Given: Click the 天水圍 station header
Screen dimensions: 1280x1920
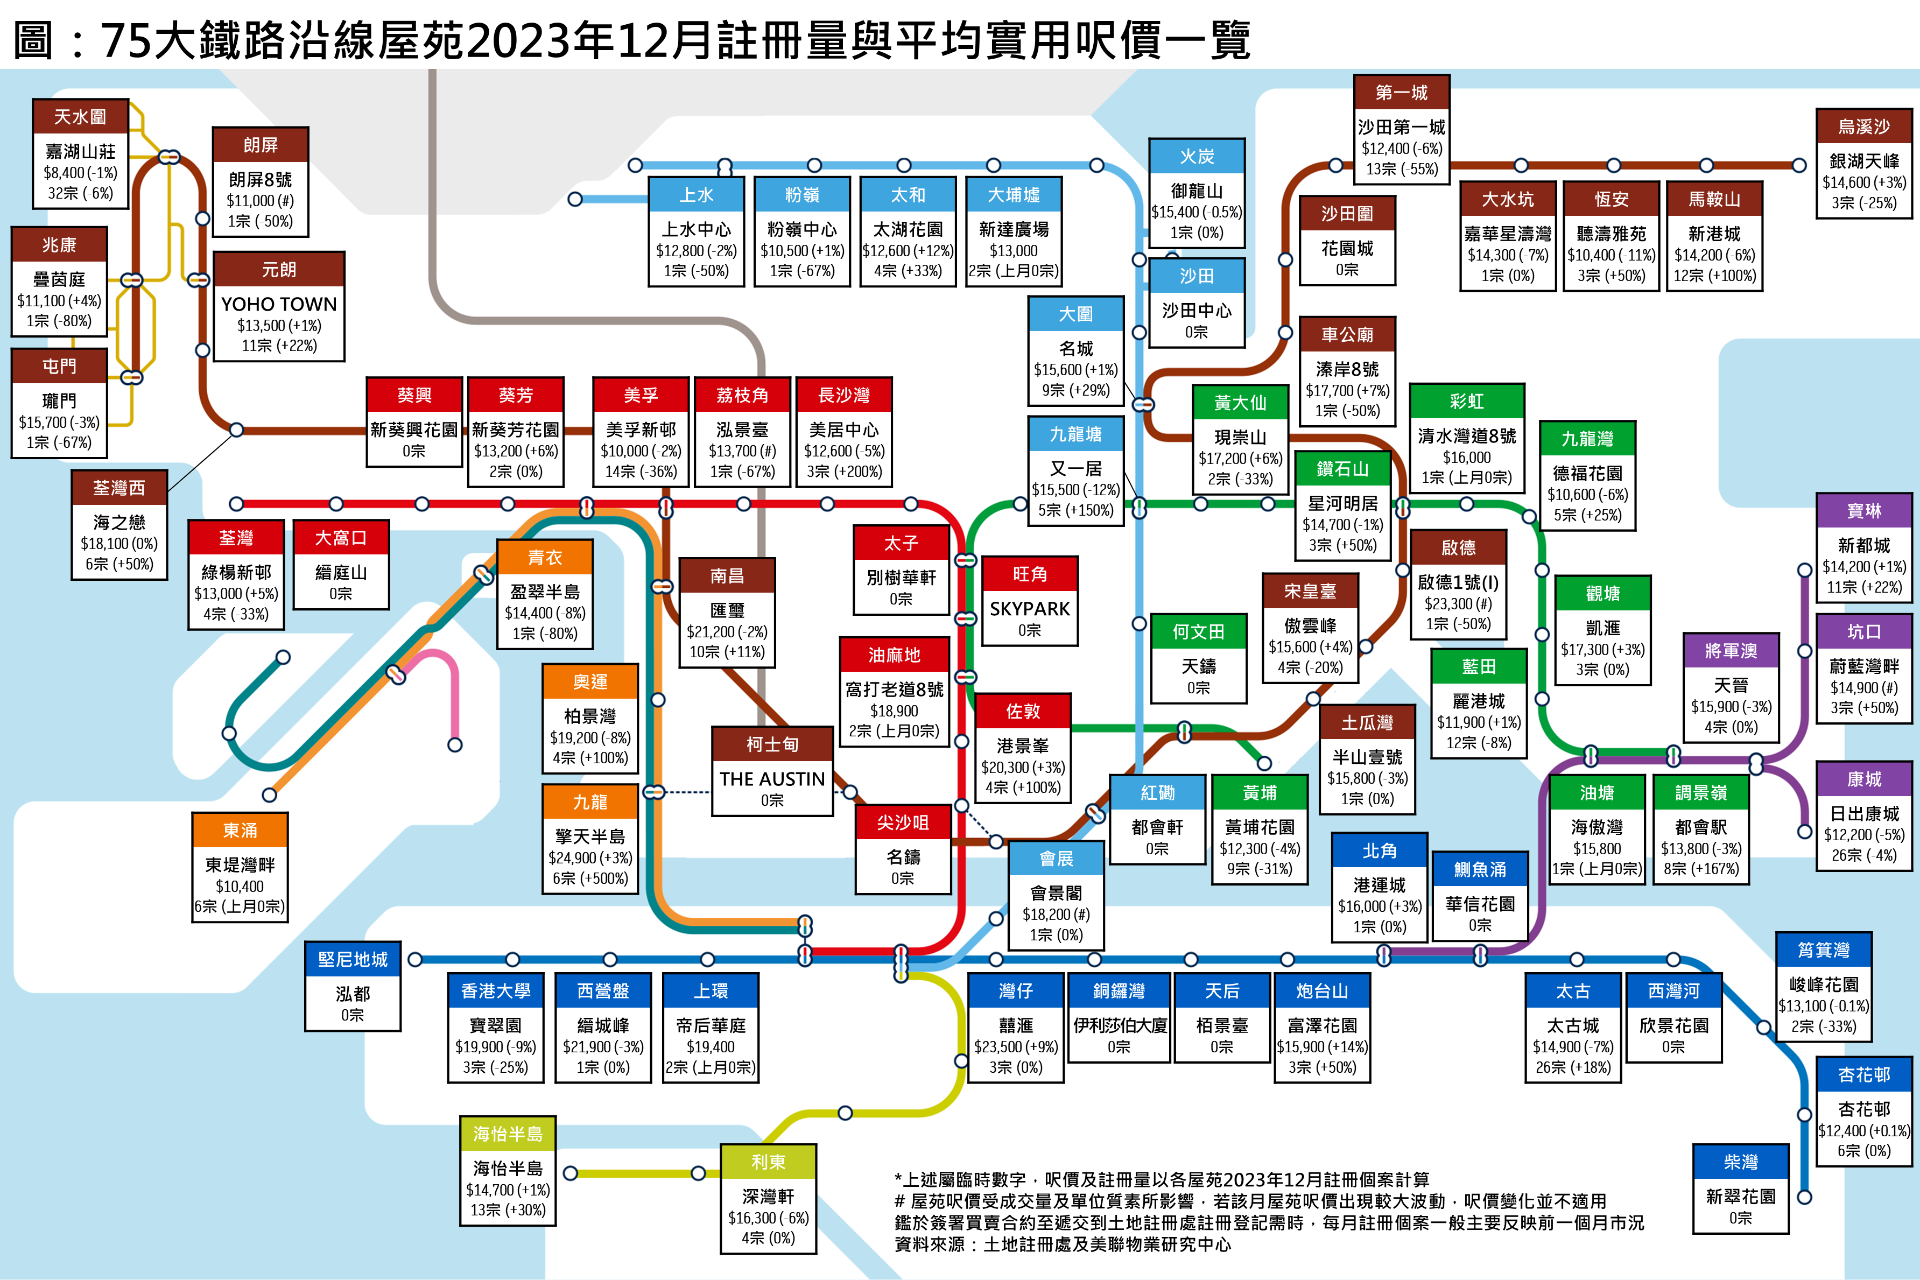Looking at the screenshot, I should (x=80, y=117).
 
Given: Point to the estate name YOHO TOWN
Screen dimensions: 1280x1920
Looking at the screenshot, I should (x=278, y=304).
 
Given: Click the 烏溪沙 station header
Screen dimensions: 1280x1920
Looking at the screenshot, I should (x=1863, y=126).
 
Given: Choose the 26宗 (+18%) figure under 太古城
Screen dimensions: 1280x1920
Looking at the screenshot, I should (x=1572, y=1067).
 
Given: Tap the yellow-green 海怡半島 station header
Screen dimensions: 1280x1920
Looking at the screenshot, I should (x=508, y=1134).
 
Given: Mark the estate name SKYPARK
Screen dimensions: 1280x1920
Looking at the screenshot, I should (x=1029, y=609).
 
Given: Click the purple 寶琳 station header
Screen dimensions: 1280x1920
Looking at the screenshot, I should (x=1863, y=511).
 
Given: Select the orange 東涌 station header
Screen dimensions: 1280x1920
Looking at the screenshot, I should (x=240, y=830).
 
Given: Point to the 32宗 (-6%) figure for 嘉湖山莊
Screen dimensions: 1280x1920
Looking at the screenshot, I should (x=80, y=193).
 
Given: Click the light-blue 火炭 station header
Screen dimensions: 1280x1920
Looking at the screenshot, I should (x=1196, y=156).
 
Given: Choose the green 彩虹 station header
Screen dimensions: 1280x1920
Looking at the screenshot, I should (x=1466, y=401).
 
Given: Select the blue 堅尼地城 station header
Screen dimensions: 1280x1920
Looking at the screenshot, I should (x=353, y=959).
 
